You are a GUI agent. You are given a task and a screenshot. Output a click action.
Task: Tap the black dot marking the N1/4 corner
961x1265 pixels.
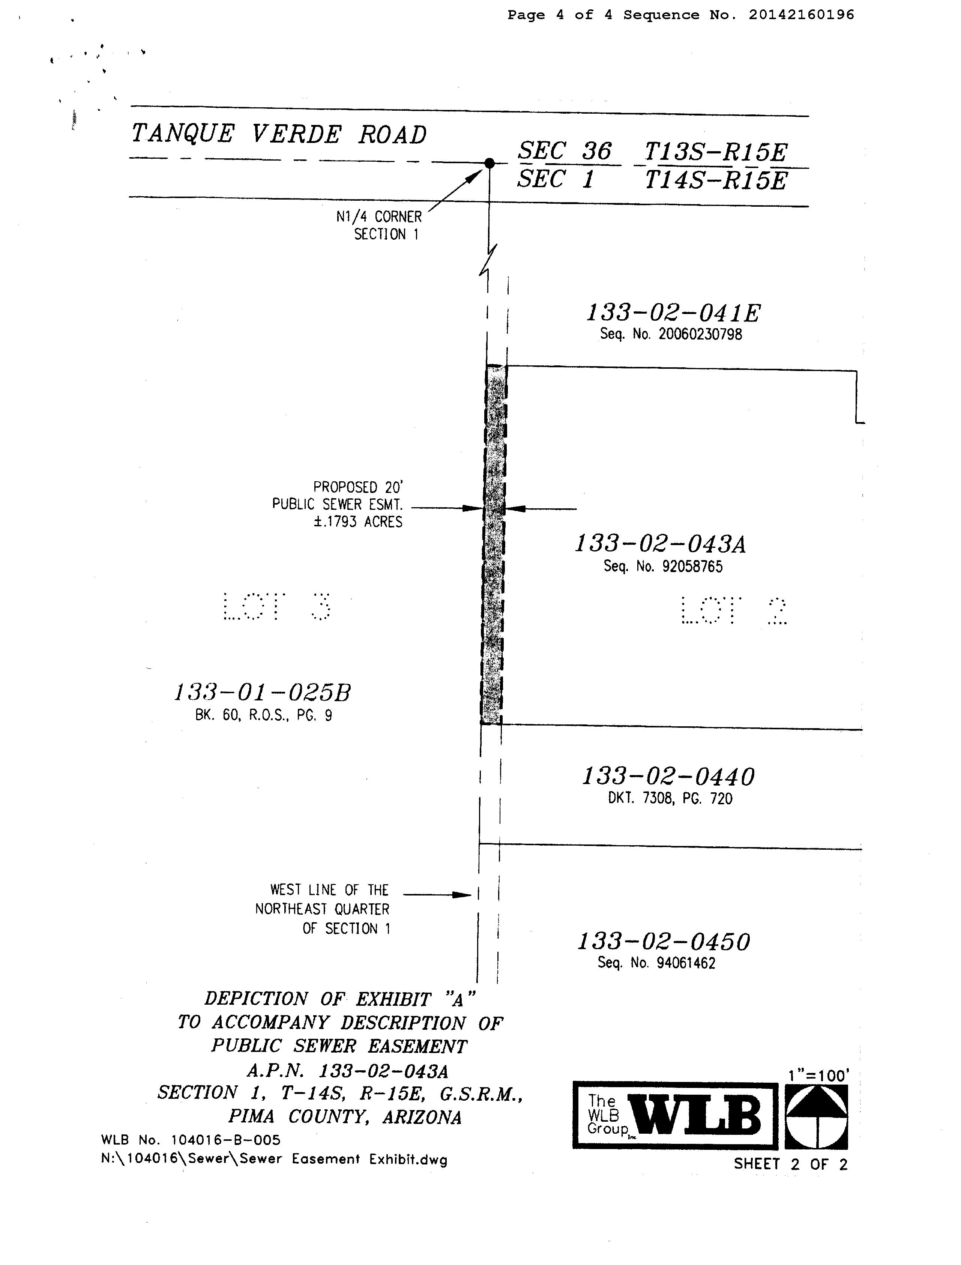point(489,163)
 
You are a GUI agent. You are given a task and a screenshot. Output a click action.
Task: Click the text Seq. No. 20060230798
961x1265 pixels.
point(670,334)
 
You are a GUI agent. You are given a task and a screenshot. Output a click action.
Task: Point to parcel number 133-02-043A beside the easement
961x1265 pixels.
point(660,544)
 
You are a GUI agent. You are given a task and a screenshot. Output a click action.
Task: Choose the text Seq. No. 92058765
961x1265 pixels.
point(663,566)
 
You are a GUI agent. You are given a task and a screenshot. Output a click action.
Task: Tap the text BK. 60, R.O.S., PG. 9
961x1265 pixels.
point(263,715)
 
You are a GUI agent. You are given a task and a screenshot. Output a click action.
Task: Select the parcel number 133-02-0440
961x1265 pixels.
point(668,777)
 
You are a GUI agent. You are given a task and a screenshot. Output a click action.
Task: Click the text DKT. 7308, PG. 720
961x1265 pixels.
point(670,798)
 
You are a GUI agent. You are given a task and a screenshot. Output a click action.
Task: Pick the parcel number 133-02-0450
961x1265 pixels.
point(664,942)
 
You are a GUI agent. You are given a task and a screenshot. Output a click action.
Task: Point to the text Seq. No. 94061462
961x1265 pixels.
point(656,963)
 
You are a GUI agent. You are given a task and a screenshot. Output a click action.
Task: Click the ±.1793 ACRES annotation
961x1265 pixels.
point(357,522)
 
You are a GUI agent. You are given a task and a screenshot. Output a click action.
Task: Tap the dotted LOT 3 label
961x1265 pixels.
point(276,607)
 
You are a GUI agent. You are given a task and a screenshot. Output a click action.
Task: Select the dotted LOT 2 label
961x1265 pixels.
point(734,611)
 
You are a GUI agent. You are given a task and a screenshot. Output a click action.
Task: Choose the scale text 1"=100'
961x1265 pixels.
point(818,1076)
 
